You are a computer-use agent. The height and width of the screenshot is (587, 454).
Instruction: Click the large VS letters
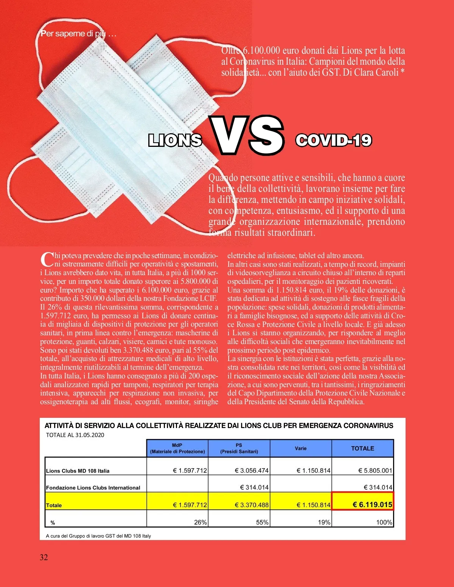[247, 135]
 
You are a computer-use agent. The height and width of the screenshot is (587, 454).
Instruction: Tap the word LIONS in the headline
[175, 140]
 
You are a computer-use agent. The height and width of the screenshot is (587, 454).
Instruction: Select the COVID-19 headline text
[333, 140]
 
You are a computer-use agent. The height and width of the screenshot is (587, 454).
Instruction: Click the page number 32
[44, 557]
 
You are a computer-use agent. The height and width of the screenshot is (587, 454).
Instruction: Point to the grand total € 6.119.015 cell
[362, 504]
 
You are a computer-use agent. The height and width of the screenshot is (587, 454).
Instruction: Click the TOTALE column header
[362, 448]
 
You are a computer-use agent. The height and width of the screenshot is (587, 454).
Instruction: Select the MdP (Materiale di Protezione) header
[177, 448]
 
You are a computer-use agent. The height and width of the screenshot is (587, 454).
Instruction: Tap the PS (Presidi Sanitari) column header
[239, 448]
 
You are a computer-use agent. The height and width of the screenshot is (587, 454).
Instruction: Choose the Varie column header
[301, 448]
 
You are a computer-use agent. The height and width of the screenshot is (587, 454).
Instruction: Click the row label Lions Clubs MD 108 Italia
[78, 471]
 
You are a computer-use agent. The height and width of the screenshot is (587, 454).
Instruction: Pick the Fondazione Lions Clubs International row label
[93, 488]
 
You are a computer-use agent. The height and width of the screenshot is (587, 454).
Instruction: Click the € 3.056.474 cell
[252, 470]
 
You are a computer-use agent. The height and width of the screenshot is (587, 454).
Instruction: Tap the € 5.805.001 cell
[375, 470]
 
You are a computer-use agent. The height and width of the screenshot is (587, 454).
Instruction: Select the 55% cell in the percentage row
[262, 522]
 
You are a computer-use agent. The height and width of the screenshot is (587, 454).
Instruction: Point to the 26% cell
[201, 522]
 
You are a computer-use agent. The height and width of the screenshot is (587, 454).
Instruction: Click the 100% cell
[384, 522]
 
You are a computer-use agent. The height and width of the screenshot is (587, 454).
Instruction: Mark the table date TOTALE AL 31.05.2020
[75, 435]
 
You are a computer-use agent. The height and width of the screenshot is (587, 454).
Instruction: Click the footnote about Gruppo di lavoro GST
[98, 536]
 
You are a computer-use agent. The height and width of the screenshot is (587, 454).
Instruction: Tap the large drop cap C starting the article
[47, 260]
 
